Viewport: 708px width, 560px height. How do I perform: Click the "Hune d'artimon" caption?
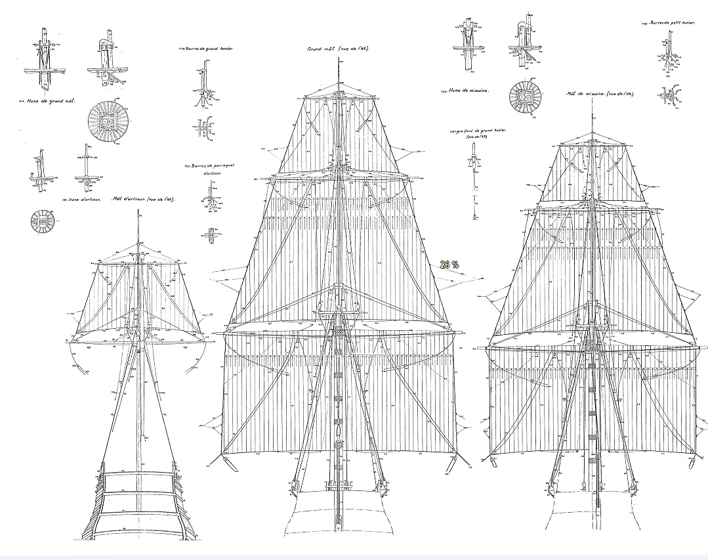pos(84,198)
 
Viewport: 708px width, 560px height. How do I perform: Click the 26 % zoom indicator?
pos(449,265)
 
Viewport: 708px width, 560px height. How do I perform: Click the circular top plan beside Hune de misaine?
pos(527,95)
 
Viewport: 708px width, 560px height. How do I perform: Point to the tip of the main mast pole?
pos(337,59)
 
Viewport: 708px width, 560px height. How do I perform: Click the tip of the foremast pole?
pos(592,112)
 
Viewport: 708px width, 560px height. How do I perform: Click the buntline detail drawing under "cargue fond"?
pos(474,184)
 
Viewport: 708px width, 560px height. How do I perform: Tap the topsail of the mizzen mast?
pos(138,295)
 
